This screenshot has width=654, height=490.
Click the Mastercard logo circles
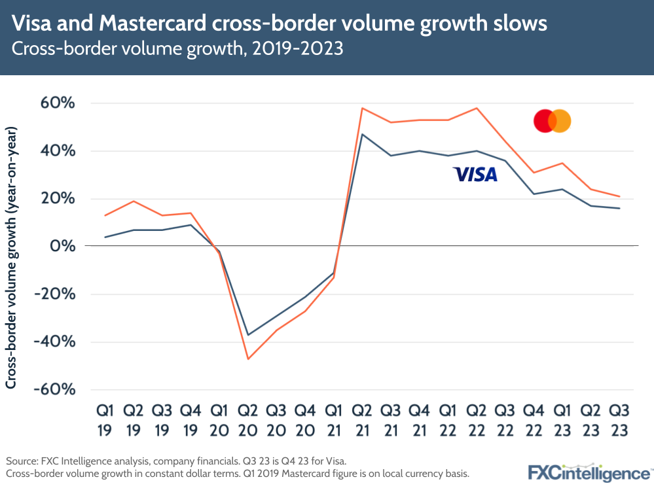point(552,121)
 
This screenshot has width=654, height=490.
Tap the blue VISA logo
point(475,174)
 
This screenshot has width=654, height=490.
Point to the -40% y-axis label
point(56,342)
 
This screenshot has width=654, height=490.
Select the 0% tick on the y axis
point(65,247)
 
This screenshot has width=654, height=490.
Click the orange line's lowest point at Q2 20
point(248,359)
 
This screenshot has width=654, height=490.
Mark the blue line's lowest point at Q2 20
point(248,335)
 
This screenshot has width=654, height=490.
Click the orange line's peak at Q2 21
point(362,108)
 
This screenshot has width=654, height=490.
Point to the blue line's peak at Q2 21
point(362,134)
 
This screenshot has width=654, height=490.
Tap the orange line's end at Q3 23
point(619,196)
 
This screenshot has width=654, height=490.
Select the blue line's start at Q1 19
point(105,237)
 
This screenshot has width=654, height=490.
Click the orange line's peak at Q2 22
point(477,108)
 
